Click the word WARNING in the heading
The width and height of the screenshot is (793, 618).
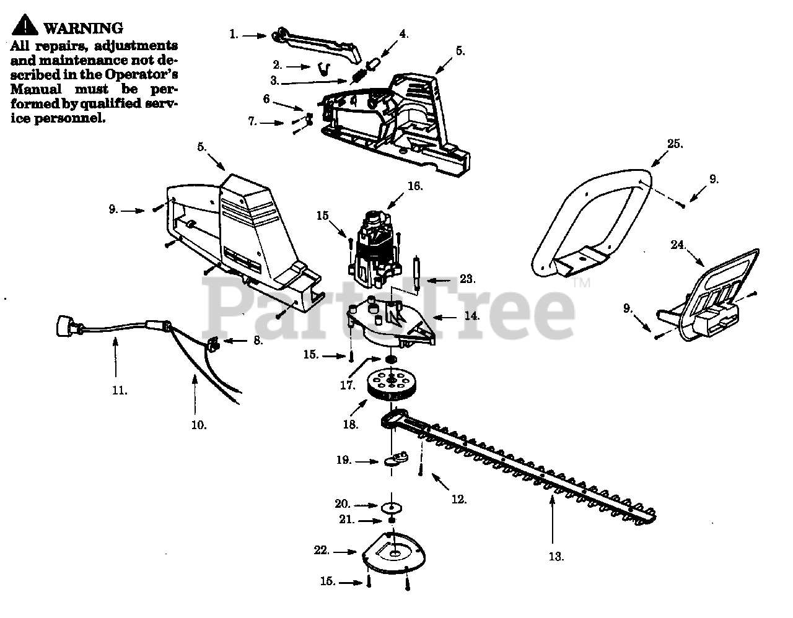coord(84,28)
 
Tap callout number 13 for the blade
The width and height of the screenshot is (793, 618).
coord(556,556)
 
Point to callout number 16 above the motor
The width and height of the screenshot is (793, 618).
coord(414,186)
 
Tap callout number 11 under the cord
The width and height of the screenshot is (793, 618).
coord(120,390)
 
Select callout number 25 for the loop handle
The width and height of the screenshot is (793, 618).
coord(675,144)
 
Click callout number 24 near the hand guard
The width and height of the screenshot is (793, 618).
coord(678,245)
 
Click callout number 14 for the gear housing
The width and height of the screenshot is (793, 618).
coord(471,316)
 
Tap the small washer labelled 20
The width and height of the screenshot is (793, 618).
coord(391,507)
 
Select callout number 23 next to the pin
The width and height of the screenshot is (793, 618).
coord(467,279)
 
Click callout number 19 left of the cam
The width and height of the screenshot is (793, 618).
coord(344,460)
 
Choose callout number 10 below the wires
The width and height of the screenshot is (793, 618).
coord(199,425)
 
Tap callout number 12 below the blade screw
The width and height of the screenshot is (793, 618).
coord(458,499)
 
